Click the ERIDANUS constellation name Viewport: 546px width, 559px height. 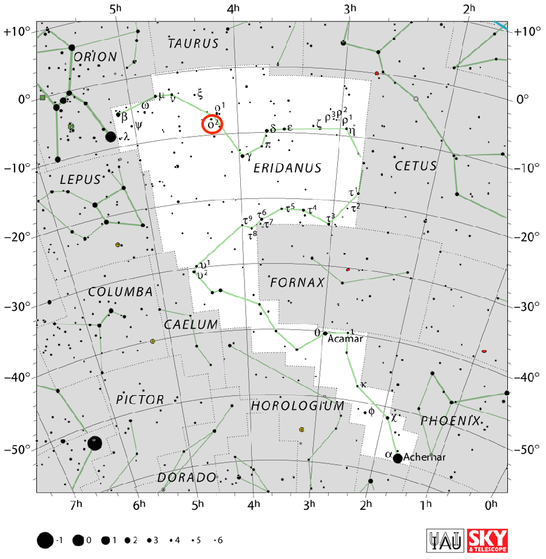(x=288, y=168)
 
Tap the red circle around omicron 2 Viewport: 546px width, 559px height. (x=212, y=124)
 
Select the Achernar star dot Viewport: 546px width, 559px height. (x=397, y=458)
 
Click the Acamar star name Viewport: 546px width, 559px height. (x=345, y=339)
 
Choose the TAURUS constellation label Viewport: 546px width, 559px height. (x=193, y=44)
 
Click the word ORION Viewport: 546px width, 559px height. (x=95, y=57)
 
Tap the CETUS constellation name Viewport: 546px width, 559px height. (x=416, y=166)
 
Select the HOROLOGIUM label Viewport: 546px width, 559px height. (x=298, y=405)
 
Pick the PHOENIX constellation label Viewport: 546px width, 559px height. (x=450, y=421)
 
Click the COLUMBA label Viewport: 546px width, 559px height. (x=121, y=292)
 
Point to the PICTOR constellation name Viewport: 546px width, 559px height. (x=140, y=399)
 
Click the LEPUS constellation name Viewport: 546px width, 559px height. (x=79, y=180)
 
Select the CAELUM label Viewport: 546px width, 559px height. (x=190, y=325)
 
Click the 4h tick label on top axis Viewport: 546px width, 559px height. (x=234, y=9)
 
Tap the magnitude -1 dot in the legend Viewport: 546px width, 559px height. (x=44, y=540)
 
